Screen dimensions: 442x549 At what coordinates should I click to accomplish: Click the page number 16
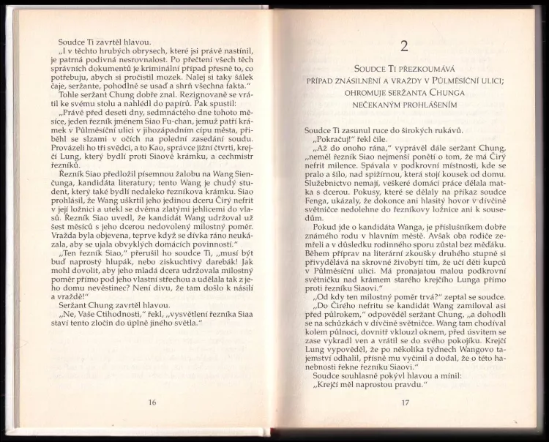(152, 401)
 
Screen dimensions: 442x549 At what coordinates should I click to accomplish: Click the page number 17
(404, 402)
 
